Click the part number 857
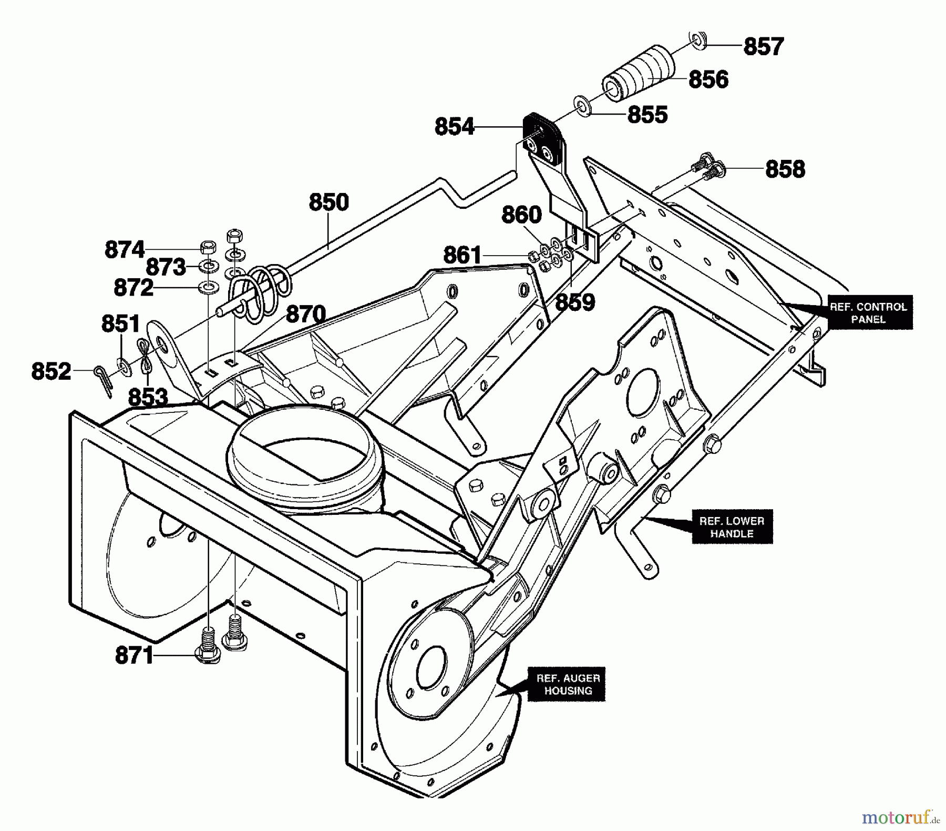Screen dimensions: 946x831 click(763, 46)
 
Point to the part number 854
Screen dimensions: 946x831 click(455, 127)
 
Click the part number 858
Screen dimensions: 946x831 click(785, 169)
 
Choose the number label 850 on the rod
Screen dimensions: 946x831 click(329, 202)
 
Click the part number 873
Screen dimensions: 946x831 click(166, 267)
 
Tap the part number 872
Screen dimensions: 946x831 click(133, 288)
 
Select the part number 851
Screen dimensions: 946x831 click(121, 324)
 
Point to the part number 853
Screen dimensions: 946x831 click(148, 398)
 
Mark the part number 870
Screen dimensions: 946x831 click(306, 315)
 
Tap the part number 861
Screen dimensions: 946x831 click(462, 256)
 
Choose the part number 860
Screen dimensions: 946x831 click(521, 215)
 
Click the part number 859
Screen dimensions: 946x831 click(575, 302)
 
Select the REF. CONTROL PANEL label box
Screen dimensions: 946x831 click(868, 313)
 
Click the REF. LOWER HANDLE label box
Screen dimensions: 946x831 click(732, 527)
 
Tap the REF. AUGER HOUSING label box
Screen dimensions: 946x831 click(568, 685)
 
